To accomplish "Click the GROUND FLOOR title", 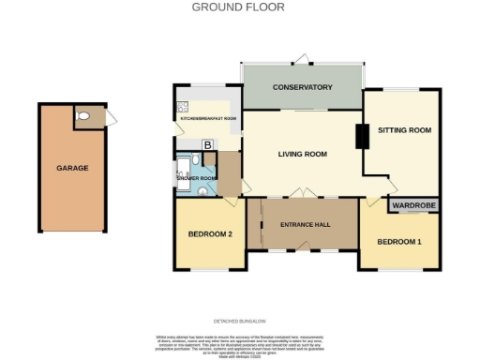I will tap(238, 7).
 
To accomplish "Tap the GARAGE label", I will tap(72, 168).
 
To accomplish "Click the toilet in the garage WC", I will tap(84, 116).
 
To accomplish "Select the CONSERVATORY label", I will tap(302, 87).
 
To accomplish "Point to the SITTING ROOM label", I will tap(404, 130).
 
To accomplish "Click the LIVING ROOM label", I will tap(301, 154).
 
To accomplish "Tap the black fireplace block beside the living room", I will tap(360, 137).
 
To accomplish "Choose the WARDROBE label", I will tap(413, 204).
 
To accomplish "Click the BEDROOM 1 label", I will tap(399, 242).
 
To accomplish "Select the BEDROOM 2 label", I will tap(210, 233).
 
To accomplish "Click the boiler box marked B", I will tap(207, 143).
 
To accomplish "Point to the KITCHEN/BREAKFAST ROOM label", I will tap(208, 119).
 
